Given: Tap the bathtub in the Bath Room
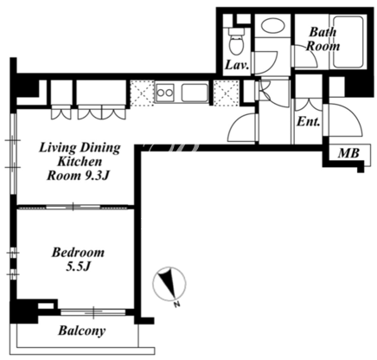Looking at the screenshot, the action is (x=348, y=42).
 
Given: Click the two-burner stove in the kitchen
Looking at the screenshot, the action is (x=164, y=93).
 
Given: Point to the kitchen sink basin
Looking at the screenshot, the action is (x=195, y=93).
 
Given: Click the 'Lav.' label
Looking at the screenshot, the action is (x=237, y=65).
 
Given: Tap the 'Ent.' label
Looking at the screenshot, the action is (x=309, y=122).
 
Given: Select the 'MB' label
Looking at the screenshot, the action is (x=349, y=153).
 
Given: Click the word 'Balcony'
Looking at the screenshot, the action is (x=81, y=331).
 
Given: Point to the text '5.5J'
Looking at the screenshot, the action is (x=79, y=267).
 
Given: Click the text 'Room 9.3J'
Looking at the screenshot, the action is (x=78, y=176).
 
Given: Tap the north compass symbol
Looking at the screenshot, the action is (x=169, y=283).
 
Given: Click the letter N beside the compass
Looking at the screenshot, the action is (x=177, y=305).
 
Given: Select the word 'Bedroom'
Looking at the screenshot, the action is (x=78, y=253).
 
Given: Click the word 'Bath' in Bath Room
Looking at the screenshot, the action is (x=323, y=32).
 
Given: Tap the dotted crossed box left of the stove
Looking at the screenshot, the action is (x=142, y=93).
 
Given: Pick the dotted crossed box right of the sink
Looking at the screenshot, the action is (x=226, y=93).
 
